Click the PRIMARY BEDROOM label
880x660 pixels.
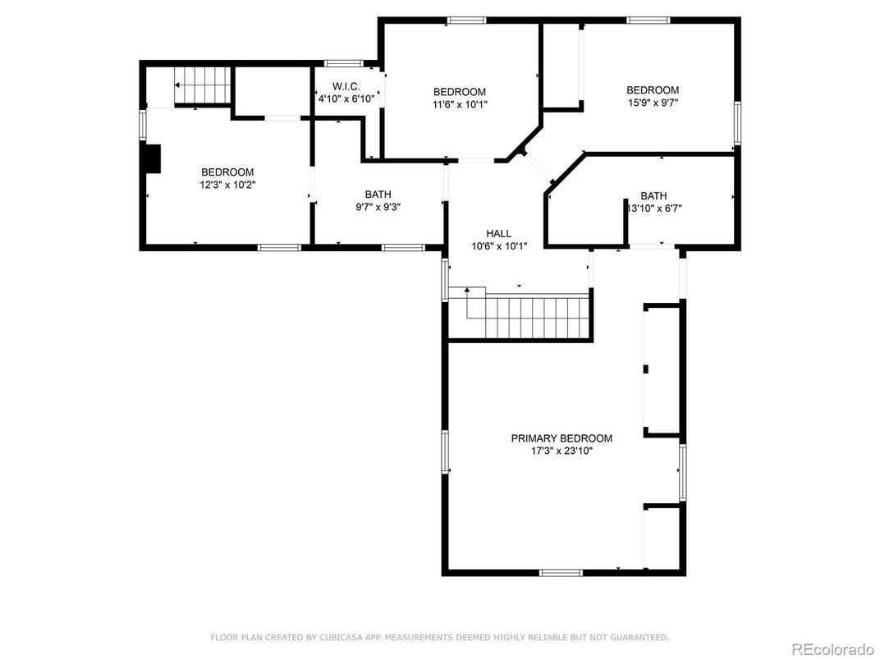(x=561, y=438)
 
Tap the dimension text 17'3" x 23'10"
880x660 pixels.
(x=561, y=451)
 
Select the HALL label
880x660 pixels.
(x=498, y=234)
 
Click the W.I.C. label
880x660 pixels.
(x=346, y=86)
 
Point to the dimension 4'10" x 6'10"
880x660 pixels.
(x=346, y=99)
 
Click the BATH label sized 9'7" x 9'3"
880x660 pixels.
(x=378, y=195)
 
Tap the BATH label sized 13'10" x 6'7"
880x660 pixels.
(x=653, y=195)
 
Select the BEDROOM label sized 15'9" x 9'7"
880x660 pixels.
(x=653, y=90)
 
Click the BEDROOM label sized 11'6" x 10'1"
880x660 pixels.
(x=459, y=92)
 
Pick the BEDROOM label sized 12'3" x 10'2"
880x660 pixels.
(x=227, y=172)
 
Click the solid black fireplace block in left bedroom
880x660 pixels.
(x=152, y=158)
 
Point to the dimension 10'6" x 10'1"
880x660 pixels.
(x=498, y=246)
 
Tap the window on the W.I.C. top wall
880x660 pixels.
(x=343, y=63)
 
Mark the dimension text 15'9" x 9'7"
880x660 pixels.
(x=653, y=103)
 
